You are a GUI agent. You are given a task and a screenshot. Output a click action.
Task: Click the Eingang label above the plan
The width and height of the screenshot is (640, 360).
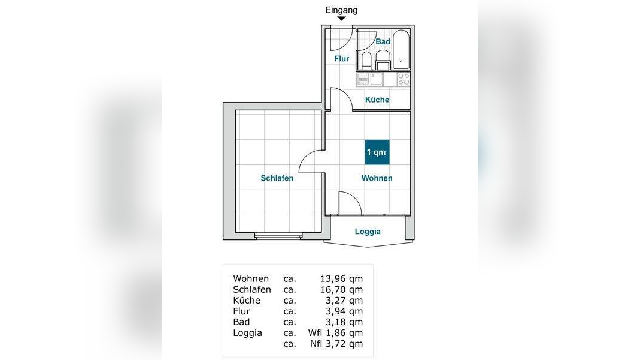(x=341, y=10)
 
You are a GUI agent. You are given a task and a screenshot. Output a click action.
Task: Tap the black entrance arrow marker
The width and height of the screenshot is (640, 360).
(x=342, y=19)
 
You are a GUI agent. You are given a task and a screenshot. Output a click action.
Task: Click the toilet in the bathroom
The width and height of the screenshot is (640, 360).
(x=366, y=60)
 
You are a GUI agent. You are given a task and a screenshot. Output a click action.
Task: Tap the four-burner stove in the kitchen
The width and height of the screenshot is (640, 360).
(x=404, y=80)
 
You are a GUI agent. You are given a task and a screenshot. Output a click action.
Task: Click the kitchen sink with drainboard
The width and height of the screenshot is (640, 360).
(x=370, y=80)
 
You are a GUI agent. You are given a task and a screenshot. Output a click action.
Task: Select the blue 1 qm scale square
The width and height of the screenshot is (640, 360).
(x=377, y=152)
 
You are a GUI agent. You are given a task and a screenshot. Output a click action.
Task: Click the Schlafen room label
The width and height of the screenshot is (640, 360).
(x=277, y=178)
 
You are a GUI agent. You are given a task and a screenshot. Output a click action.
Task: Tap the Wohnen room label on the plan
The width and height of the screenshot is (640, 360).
(x=377, y=178)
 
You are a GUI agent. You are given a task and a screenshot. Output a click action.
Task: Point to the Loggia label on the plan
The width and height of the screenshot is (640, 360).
(x=368, y=232)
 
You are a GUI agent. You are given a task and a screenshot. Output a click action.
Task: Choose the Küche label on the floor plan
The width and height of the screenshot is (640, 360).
(x=377, y=100)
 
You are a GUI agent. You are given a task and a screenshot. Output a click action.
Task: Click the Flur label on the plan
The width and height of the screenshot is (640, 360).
(x=342, y=59)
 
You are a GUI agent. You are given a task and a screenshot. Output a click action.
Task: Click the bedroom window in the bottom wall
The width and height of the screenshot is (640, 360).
(x=278, y=235)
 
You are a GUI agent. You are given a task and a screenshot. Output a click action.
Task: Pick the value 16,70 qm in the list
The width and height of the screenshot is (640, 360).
(x=341, y=290)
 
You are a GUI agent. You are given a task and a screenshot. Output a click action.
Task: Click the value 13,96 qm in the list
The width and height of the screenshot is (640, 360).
(x=341, y=279)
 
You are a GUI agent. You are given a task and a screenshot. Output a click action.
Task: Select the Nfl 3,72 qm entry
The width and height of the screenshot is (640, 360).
(x=336, y=344)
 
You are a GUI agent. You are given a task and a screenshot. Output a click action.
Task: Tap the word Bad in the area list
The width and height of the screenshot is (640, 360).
(x=241, y=322)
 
